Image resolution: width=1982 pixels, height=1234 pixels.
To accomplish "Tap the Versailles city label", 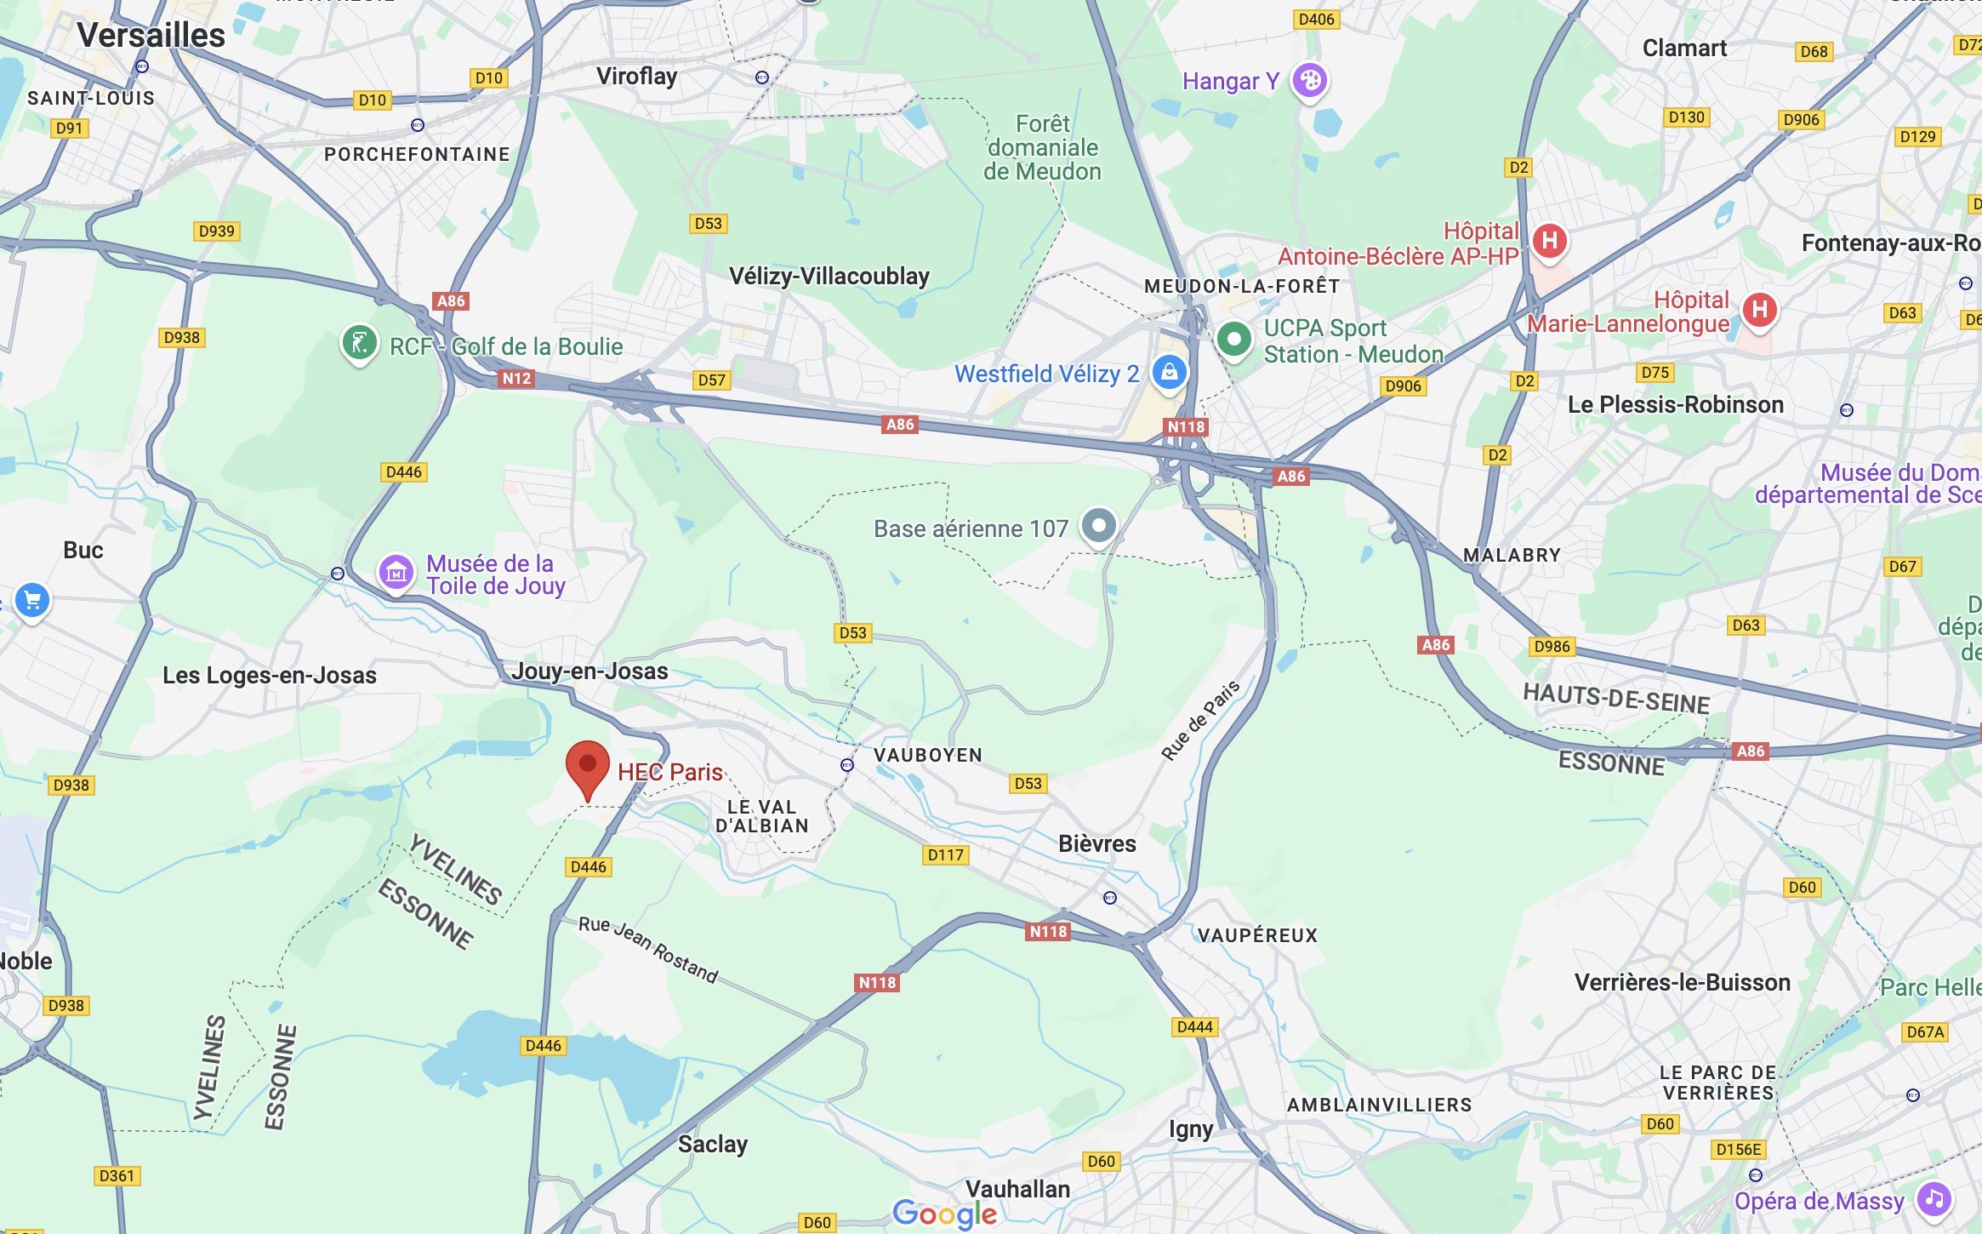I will point(151,36).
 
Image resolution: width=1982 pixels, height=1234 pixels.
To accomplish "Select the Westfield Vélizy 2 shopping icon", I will point(1169,373).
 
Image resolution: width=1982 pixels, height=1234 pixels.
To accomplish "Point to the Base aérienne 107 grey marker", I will point(1098,526).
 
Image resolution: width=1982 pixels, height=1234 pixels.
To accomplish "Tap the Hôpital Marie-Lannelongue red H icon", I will point(1759,310).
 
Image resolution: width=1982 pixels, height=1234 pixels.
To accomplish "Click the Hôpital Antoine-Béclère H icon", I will point(1549,241).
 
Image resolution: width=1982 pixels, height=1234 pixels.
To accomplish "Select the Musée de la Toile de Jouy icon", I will point(396,573).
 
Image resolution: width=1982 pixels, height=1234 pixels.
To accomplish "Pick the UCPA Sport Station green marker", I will point(1233,340).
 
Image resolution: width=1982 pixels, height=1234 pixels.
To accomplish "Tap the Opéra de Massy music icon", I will point(1934,1200).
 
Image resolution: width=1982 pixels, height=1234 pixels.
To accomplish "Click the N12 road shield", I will point(516,379).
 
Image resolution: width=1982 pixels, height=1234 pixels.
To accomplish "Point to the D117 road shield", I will point(946,855).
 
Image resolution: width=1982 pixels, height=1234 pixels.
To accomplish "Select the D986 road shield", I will point(1552,646).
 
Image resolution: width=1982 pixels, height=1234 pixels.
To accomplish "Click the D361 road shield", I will point(117,1176).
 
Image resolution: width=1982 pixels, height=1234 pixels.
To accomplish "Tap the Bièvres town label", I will point(1096,843).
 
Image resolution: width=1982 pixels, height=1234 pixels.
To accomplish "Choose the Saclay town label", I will point(712,1144).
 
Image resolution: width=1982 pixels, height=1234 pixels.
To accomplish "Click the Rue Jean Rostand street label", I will point(648,949).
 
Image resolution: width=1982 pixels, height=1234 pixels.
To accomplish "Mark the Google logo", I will point(944,1214).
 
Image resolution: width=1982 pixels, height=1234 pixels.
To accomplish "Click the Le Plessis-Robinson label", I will point(1675,405).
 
